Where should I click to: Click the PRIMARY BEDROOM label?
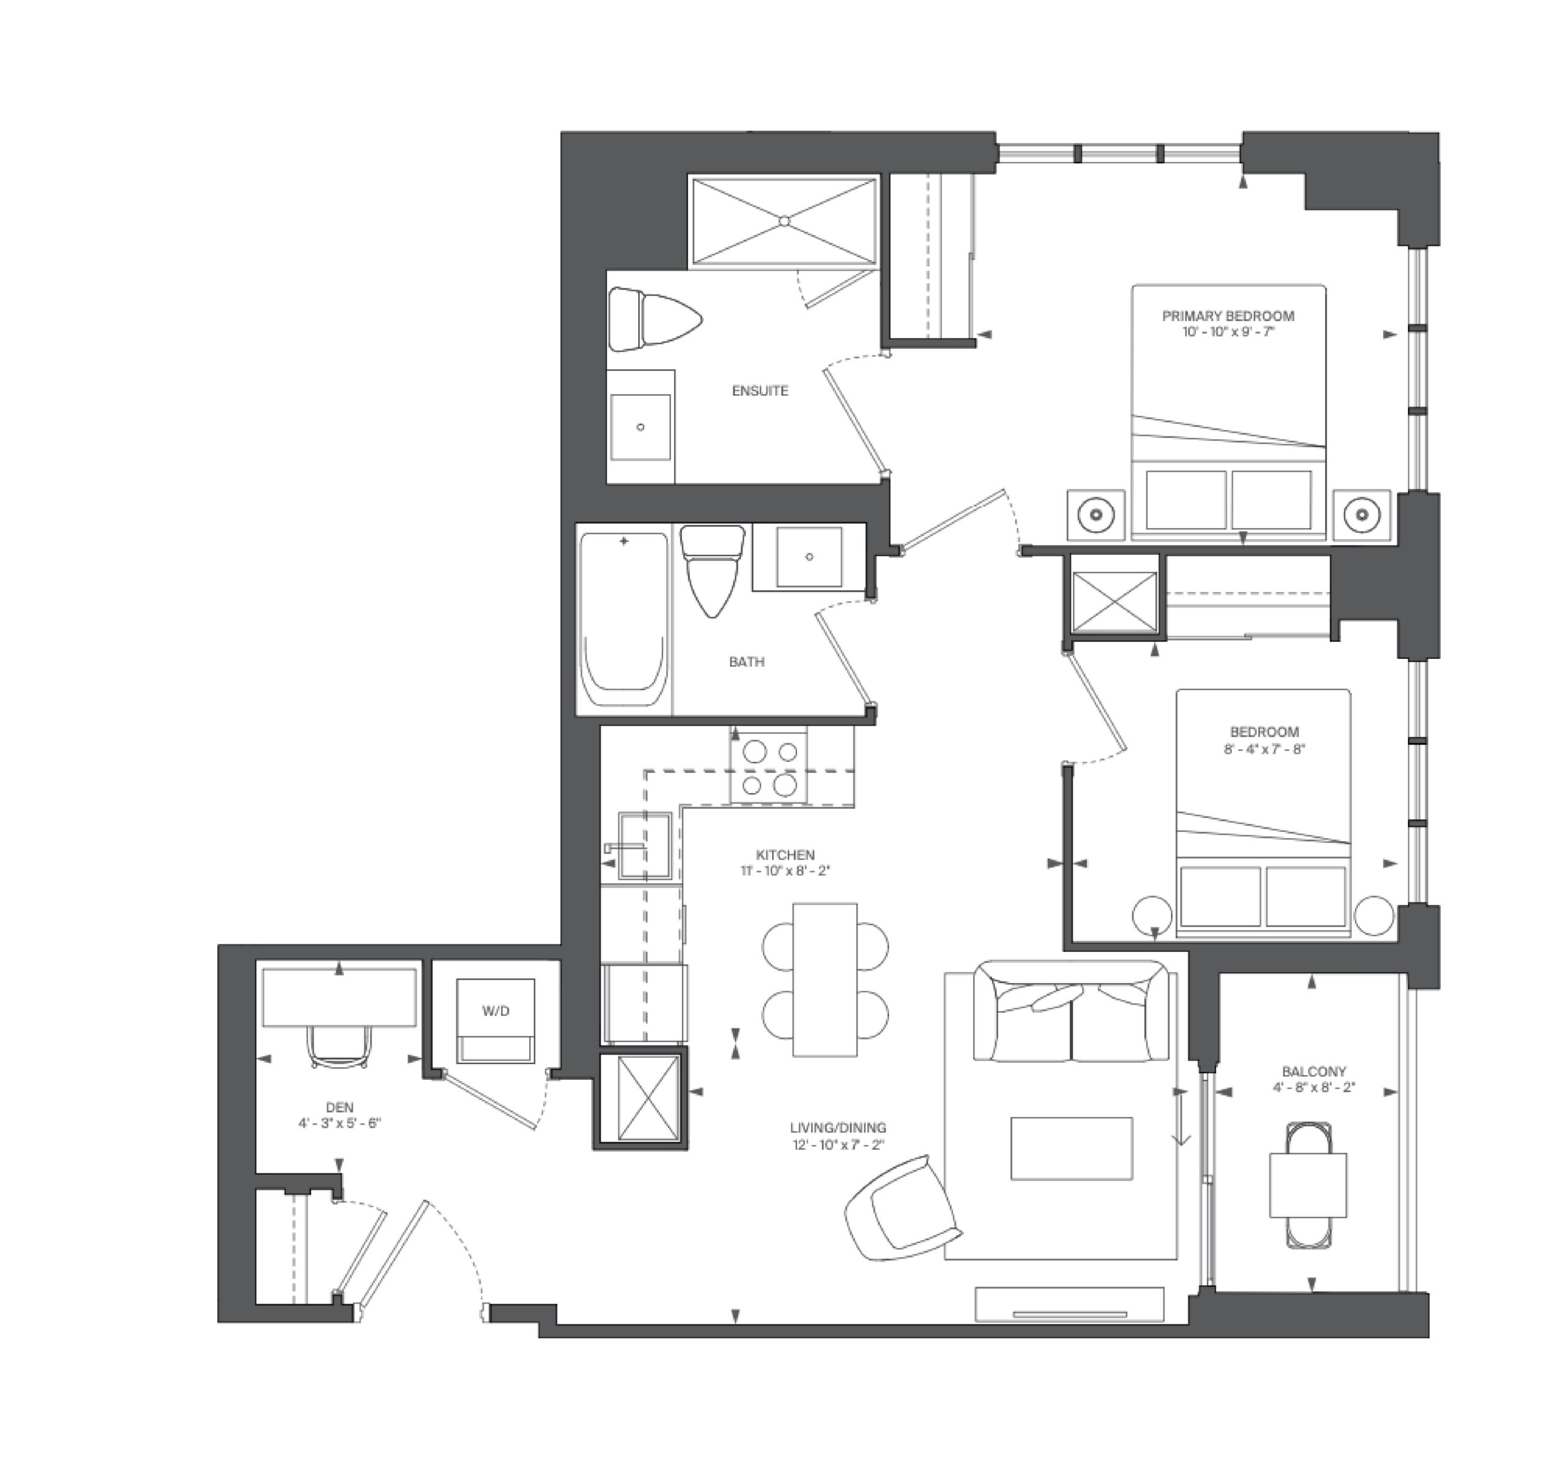[x=1228, y=316]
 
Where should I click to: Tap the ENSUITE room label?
[x=760, y=391]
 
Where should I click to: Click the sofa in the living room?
[x=1071, y=1011]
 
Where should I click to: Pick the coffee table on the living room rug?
[x=1071, y=1148]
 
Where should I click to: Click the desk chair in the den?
[x=340, y=1046]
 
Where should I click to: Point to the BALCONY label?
[x=1314, y=1071]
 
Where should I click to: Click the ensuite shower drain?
[x=784, y=221]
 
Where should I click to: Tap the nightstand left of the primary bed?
[x=1096, y=516]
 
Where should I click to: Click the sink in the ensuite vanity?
[x=640, y=427]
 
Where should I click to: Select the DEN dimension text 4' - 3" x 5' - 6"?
[x=340, y=1123]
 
